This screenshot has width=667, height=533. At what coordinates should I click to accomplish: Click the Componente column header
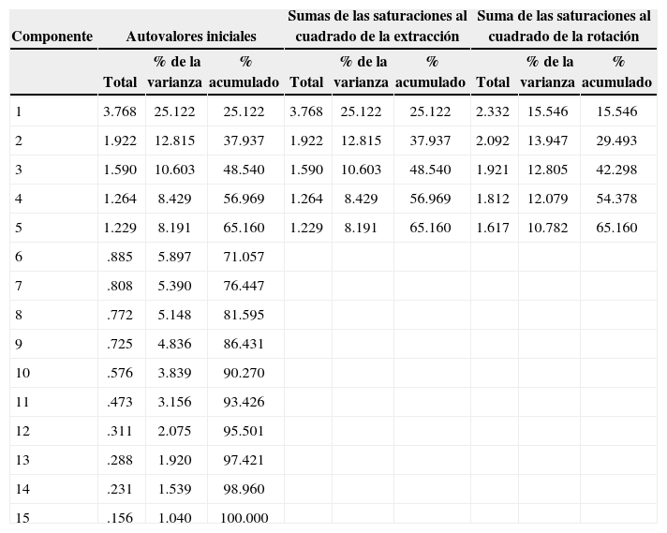52,36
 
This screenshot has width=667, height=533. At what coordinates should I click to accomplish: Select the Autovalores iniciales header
191,36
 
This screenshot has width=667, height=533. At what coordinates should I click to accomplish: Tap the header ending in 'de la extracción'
378,26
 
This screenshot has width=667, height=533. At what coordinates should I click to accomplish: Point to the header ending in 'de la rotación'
564,26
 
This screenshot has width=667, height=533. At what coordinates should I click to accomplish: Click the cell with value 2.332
493,111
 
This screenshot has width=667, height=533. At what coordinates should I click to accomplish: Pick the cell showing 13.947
548,141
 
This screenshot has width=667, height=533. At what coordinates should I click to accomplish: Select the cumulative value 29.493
617,141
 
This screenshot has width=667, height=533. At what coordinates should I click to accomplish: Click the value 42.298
617,170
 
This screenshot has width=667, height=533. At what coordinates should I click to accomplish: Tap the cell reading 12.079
548,199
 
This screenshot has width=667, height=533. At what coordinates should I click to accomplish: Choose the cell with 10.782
548,228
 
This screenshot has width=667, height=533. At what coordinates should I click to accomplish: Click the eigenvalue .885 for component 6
120,257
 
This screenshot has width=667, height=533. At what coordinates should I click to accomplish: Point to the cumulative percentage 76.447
244,286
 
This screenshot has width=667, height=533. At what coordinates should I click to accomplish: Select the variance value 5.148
174,315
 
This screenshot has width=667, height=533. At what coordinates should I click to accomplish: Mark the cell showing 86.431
244,344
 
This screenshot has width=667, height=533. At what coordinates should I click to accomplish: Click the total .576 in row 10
120,373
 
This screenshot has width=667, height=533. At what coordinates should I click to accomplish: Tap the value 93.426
244,402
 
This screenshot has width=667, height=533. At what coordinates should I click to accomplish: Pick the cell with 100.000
244,518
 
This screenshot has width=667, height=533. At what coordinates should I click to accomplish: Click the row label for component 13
22,460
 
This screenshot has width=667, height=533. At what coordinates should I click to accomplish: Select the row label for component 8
19,315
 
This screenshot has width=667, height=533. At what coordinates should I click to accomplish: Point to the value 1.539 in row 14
174,489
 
